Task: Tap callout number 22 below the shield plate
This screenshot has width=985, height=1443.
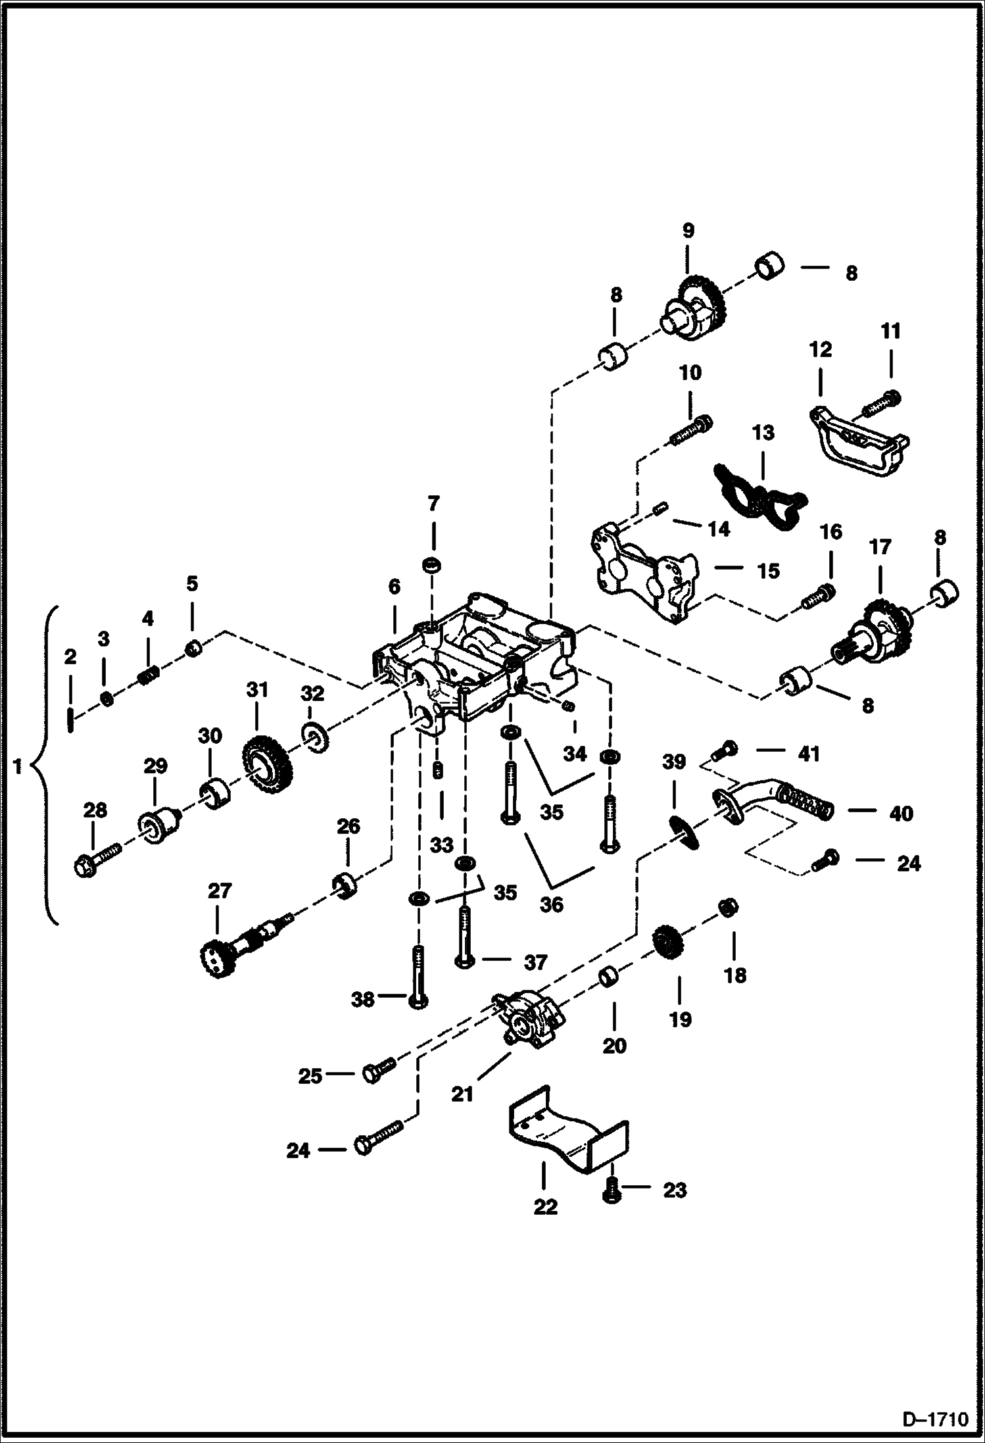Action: click(x=545, y=1207)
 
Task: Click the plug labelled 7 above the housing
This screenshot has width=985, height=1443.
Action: click(x=431, y=564)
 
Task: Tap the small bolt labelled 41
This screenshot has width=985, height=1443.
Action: click(x=728, y=748)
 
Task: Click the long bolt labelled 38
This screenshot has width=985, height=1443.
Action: click(x=418, y=986)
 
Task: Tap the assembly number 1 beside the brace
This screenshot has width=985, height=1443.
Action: click(x=18, y=766)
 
